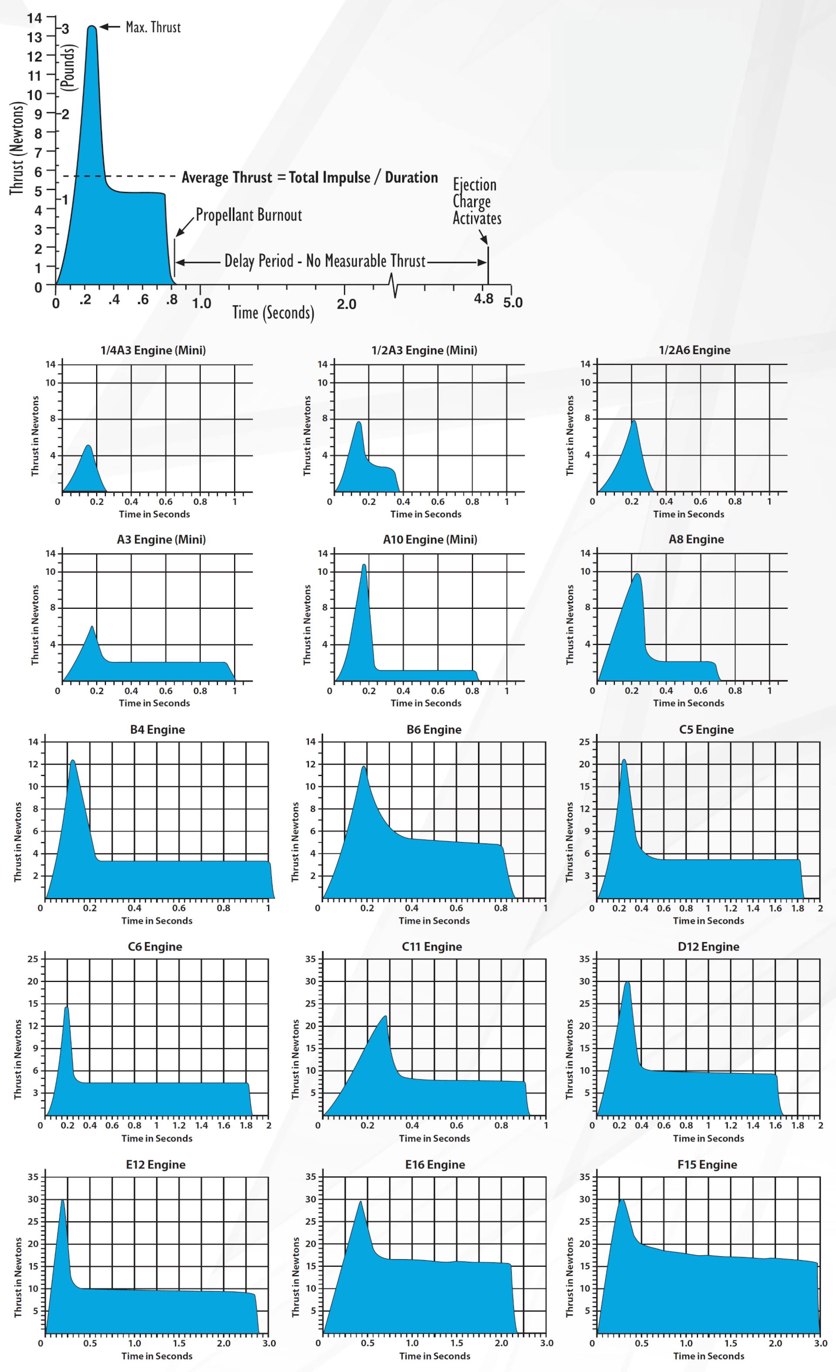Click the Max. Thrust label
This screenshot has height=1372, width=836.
(x=153, y=27)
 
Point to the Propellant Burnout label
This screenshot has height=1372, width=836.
(x=248, y=215)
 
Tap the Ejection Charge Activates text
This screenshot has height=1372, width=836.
(x=476, y=201)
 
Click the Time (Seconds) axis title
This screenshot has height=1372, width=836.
(x=273, y=312)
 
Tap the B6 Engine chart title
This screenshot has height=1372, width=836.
(x=433, y=729)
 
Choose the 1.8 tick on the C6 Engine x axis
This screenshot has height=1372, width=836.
(x=246, y=1125)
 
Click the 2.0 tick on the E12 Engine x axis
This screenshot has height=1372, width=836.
(x=223, y=1342)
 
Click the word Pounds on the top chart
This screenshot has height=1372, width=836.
(x=67, y=68)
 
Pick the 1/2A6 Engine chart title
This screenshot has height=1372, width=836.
(x=694, y=350)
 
